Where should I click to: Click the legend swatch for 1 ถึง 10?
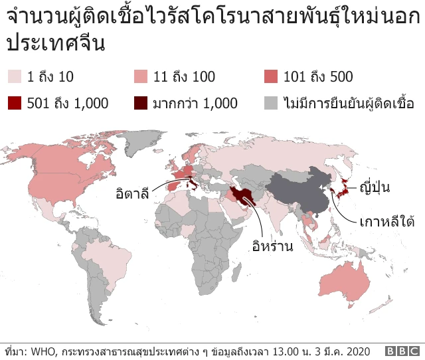click(x=13, y=76)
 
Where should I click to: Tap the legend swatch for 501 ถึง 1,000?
click(x=13, y=103)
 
